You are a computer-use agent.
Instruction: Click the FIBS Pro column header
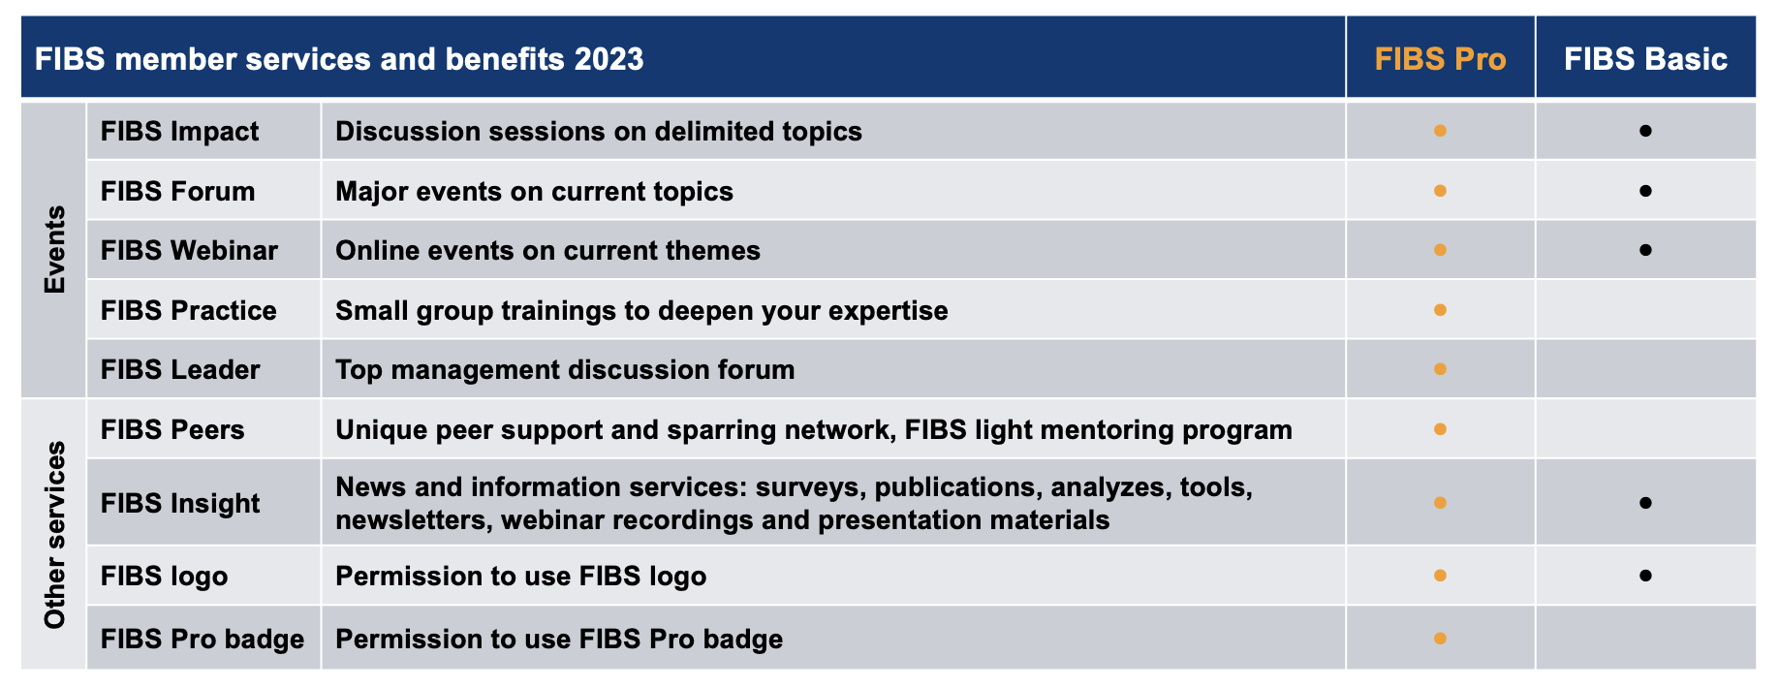click(1440, 59)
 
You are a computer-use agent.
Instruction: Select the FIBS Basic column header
click(1645, 59)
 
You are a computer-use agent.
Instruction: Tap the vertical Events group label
click(54, 249)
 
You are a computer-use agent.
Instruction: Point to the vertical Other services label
click(54, 535)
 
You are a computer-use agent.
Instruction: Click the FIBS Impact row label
click(179, 131)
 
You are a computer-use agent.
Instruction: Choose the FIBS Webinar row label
click(189, 250)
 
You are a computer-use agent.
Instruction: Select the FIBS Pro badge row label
click(203, 639)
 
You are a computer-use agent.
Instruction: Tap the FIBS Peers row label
click(172, 429)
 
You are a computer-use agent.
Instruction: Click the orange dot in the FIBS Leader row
click(1440, 369)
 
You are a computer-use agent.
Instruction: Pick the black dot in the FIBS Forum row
click(1645, 191)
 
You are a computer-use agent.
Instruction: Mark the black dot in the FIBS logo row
click(1645, 576)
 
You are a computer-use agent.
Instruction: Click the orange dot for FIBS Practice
click(1440, 310)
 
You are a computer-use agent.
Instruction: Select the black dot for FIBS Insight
click(1645, 503)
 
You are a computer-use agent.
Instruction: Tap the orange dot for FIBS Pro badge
click(1440, 639)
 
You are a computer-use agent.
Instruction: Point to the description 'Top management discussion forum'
click(565, 369)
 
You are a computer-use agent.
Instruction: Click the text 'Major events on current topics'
click(534, 191)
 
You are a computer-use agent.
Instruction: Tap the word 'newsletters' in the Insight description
click(413, 520)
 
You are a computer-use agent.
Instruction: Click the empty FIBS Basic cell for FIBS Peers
click(1645, 429)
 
